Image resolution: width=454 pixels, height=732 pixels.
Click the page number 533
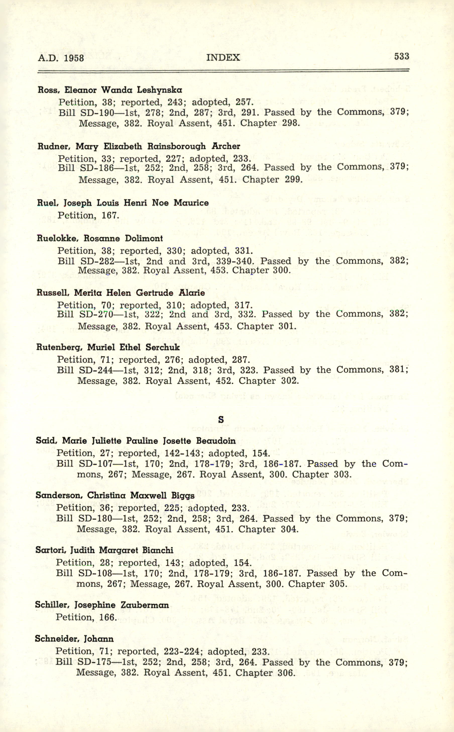(x=402, y=56)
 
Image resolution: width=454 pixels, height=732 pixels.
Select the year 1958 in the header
(x=74, y=58)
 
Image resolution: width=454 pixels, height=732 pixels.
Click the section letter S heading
(x=221, y=419)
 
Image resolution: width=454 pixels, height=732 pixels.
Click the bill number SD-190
(x=97, y=112)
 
